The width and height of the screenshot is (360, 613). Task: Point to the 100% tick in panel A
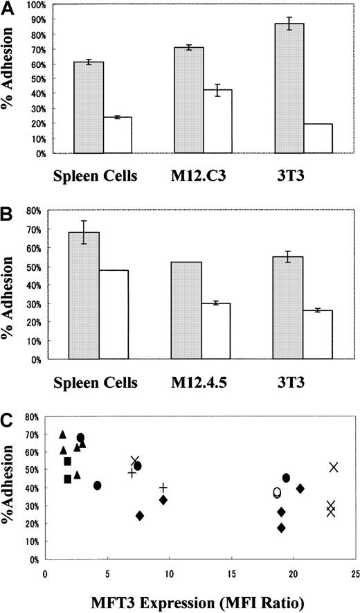[x=30, y=5]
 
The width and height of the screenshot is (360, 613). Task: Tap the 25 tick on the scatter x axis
[x=354, y=574]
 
